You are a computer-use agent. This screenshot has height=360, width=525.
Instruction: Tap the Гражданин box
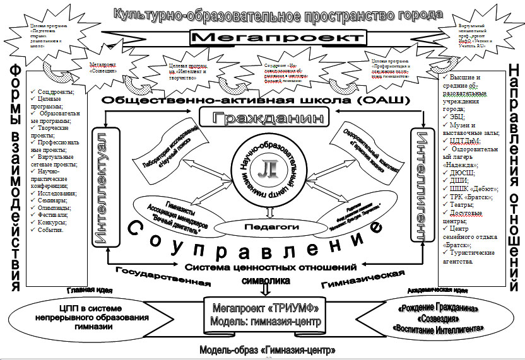(264, 118)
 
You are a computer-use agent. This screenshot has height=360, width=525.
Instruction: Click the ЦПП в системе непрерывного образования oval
(107, 313)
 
